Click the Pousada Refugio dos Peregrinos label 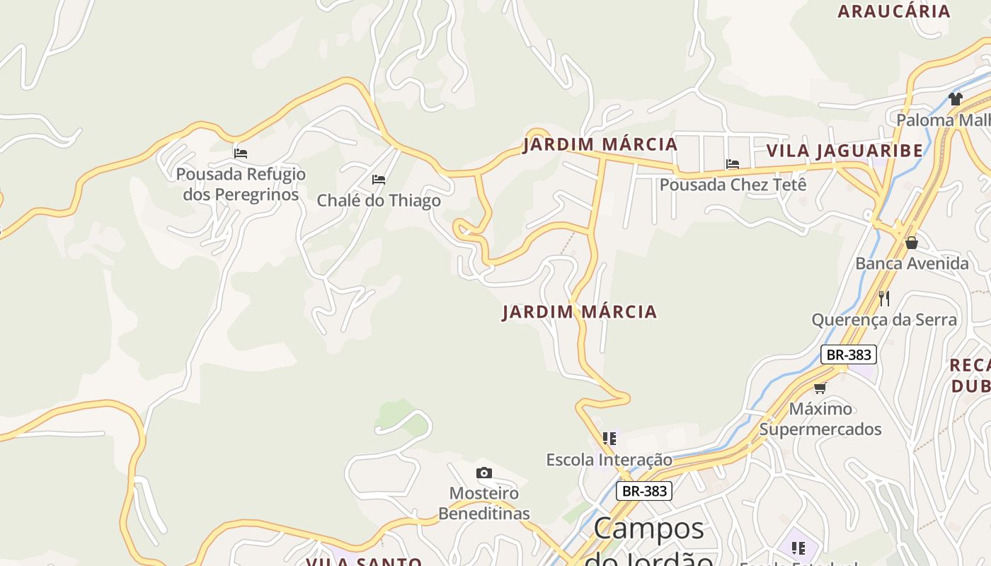[241, 184]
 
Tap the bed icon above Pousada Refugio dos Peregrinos [241, 153]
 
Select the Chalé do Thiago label [379, 201]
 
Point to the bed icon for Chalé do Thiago [379, 180]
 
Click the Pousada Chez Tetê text [733, 185]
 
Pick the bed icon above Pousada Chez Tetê [733, 164]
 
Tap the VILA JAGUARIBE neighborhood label [844, 151]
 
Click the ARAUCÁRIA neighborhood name [894, 11]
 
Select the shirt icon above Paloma [956, 99]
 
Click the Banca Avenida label [912, 264]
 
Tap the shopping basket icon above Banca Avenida [912, 243]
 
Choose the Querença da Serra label [884, 320]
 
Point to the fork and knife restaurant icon [884, 299]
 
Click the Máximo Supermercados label [820, 419]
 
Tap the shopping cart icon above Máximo [820, 388]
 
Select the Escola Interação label [609, 460]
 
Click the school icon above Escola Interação [609, 439]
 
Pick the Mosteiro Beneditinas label [484, 503]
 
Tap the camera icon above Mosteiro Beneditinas [484, 473]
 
